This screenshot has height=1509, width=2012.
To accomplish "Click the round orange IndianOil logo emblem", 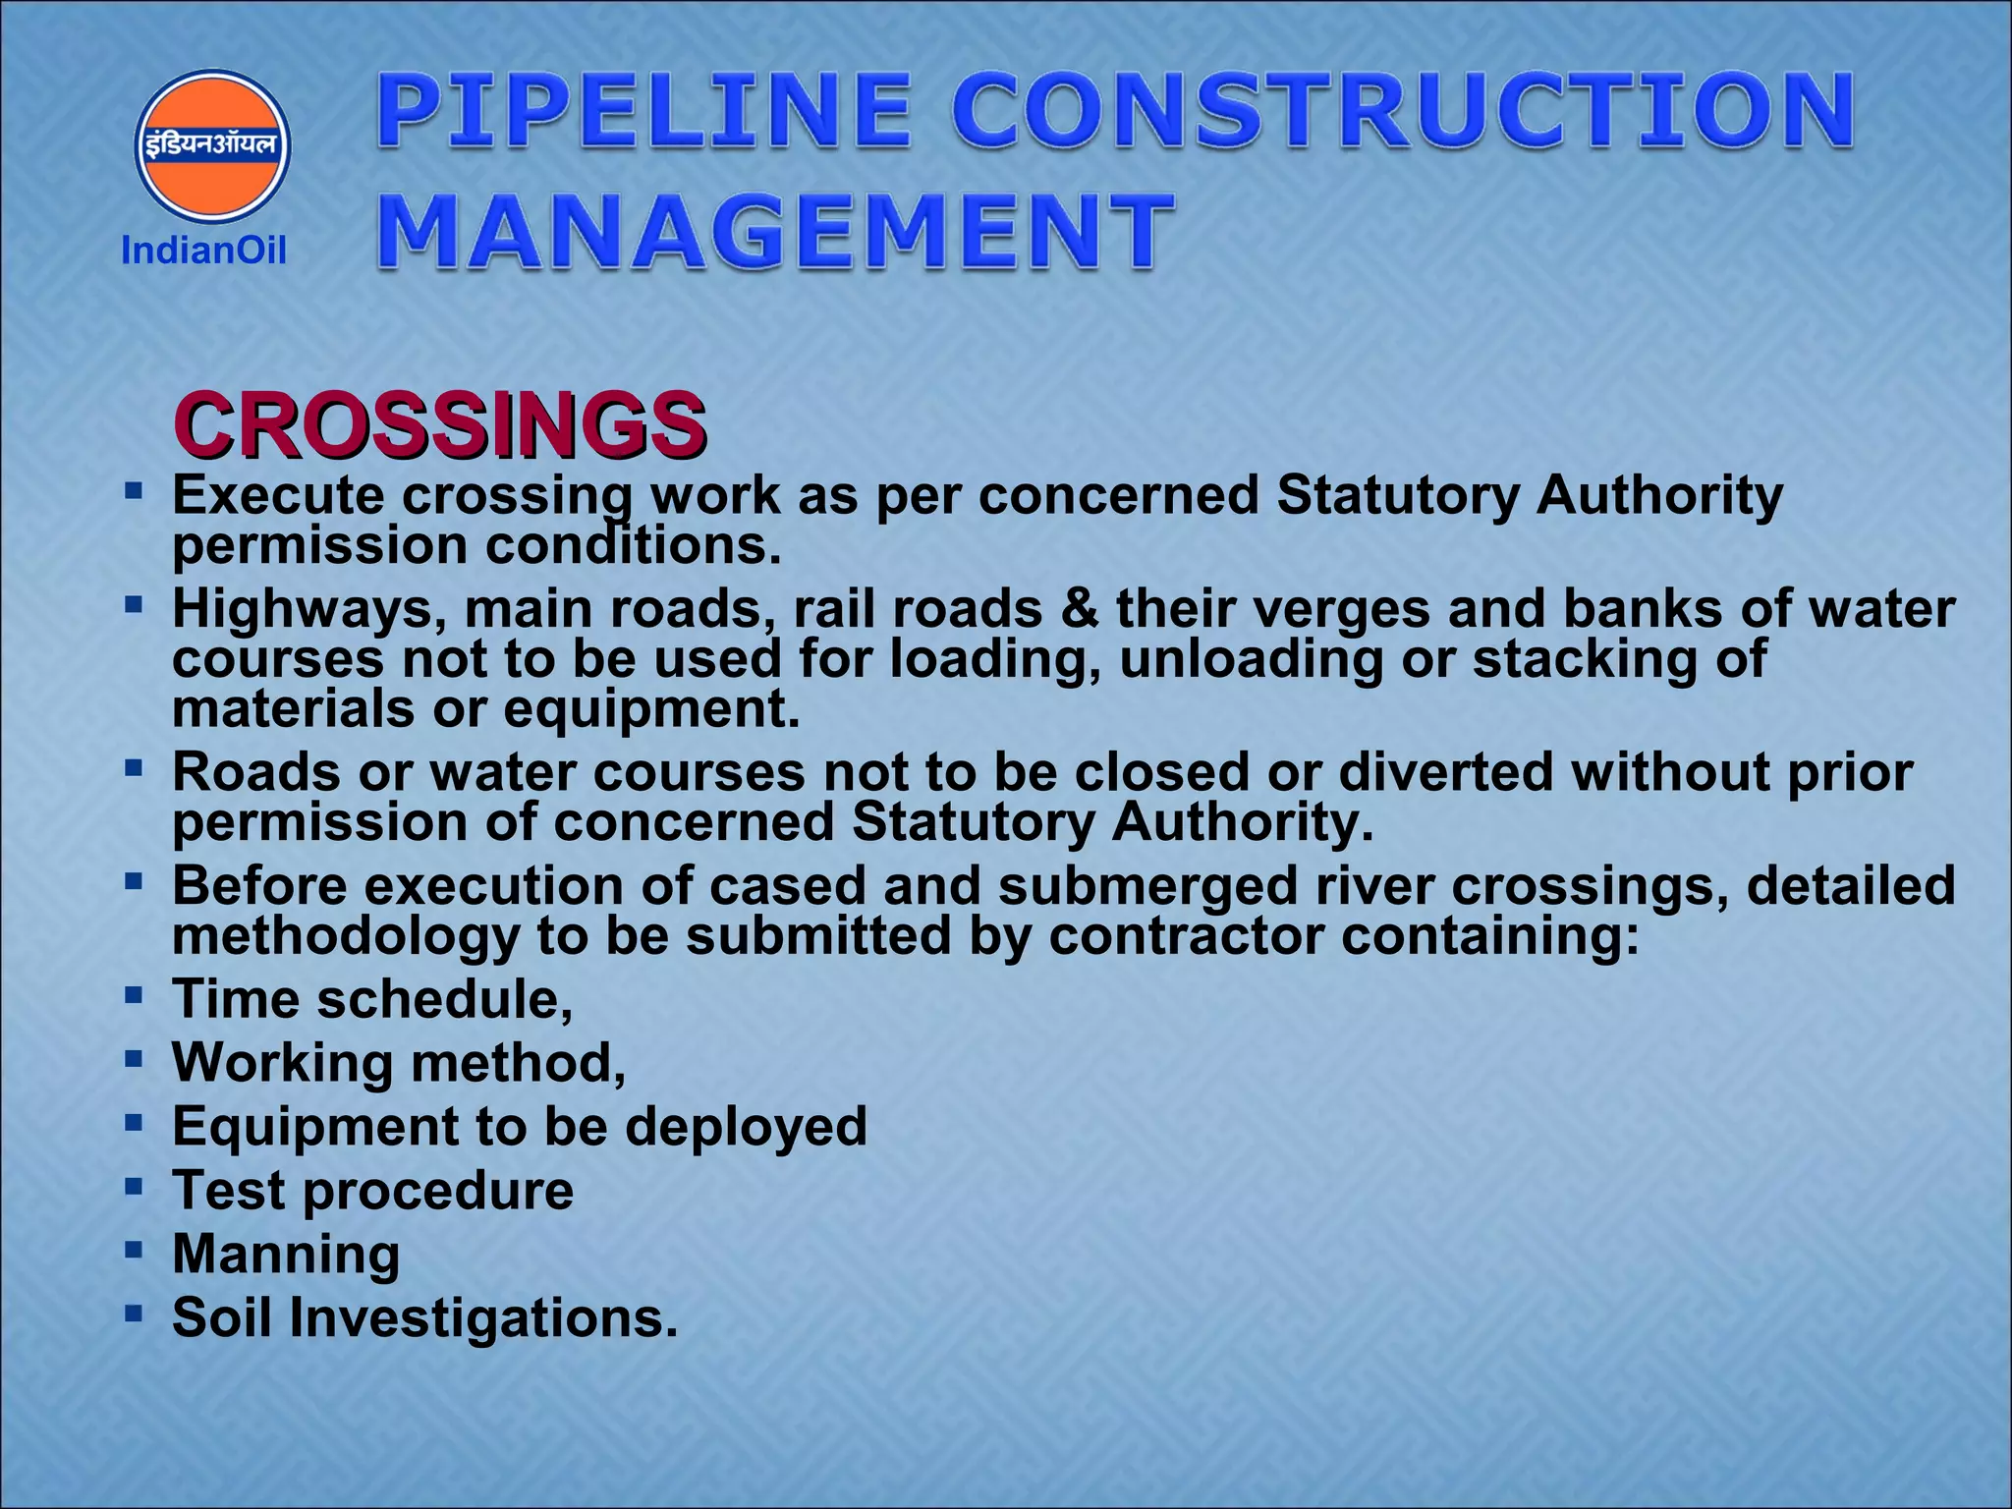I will click(212, 145).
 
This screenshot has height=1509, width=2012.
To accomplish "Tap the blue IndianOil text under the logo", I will click(203, 251).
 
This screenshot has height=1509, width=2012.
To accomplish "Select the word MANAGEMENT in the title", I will click(775, 231).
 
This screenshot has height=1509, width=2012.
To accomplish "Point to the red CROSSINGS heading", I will click(439, 425).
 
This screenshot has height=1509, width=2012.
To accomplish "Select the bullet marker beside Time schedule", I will click(134, 995).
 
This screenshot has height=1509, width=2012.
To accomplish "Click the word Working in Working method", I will click(283, 1063).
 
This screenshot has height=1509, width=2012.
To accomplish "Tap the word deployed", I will click(747, 1126).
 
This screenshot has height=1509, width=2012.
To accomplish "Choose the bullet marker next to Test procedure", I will click(134, 1186).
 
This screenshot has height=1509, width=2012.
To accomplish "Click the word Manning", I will click(286, 1255).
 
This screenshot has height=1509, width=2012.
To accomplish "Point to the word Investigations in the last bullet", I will click(482, 1318).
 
